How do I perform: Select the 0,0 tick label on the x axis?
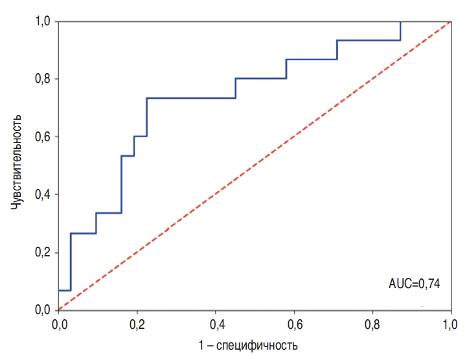point(58,322)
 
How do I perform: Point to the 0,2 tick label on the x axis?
point(137,322)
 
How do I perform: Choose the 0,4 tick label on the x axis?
point(216,322)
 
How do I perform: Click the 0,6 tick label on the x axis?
point(294,322)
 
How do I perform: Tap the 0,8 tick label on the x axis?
point(372,322)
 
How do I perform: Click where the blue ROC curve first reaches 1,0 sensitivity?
point(400,21)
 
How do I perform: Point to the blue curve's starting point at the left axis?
point(58,291)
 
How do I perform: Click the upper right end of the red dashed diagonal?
point(450,21)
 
